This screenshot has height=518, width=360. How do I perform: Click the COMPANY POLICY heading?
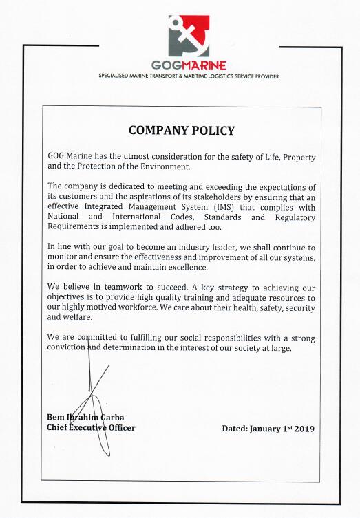click(x=182, y=131)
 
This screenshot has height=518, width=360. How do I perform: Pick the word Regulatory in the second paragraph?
click(x=293, y=217)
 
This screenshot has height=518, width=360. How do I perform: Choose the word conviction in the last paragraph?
click(x=67, y=348)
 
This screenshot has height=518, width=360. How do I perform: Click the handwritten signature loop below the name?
click(x=102, y=440)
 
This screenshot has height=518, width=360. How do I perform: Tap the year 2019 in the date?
click(x=302, y=429)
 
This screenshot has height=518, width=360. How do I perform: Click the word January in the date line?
click(x=266, y=429)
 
